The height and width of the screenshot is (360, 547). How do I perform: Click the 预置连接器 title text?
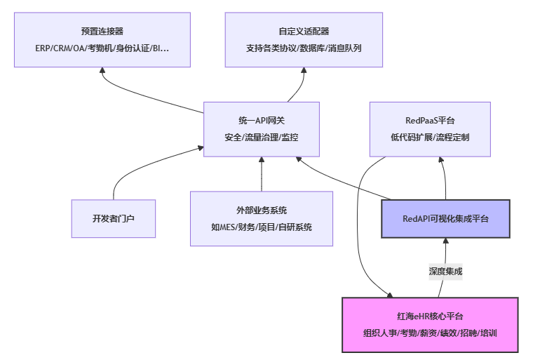[x=102, y=31]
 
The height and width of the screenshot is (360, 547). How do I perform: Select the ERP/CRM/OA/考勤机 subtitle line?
[x=102, y=48]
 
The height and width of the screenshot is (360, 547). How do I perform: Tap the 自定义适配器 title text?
[x=304, y=31]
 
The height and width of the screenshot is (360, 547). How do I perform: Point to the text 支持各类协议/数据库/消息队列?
[x=304, y=48]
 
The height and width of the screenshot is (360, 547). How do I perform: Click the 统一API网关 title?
[x=261, y=120]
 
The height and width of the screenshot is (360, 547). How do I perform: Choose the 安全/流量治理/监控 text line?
[x=261, y=138]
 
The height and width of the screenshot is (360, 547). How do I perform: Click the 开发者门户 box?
[x=114, y=218]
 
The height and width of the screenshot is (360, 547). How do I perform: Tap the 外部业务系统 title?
[x=262, y=210]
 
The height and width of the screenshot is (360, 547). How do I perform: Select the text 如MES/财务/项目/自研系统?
[x=262, y=227]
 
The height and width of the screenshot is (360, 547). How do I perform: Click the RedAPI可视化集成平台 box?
[x=445, y=219]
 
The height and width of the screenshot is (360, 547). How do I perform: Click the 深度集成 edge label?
[x=445, y=271]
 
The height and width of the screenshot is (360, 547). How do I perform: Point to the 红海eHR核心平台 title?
[x=430, y=316]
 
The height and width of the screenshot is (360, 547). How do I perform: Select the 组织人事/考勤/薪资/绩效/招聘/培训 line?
[x=430, y=333]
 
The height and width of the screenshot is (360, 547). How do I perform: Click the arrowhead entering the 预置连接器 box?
[x=102, y=71]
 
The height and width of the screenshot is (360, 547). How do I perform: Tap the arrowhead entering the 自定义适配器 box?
[x=304, y=71]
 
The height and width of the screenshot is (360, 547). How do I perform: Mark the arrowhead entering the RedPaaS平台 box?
[x=445, y=160]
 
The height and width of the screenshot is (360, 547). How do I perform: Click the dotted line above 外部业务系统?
[x=262, y=175]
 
